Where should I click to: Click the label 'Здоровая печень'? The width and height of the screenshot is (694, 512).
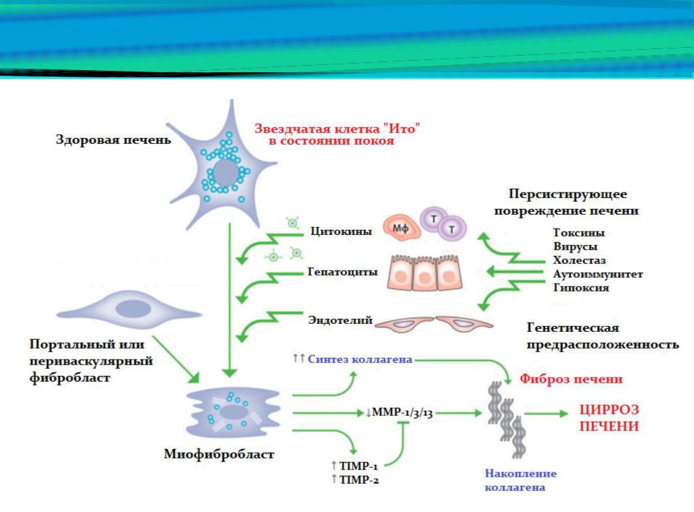point(113,140)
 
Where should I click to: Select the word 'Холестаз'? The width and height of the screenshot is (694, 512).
point(579,260)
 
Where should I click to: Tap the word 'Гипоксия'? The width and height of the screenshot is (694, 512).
point(581,288)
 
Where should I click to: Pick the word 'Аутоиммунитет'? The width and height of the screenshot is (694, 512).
point(597,274)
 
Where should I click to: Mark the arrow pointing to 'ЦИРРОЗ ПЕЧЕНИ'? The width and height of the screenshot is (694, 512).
point(547,414)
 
